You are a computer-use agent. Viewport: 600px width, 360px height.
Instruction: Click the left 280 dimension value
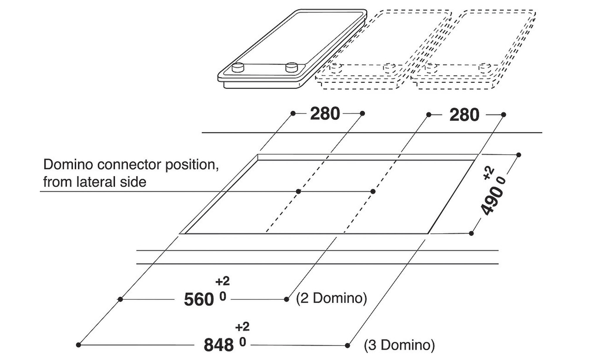point(325,114)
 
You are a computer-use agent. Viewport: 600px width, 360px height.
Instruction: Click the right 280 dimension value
point(464,115)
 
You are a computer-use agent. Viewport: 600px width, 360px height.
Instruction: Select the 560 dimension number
point(199,300)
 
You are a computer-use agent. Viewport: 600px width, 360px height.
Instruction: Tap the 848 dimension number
point(219,345)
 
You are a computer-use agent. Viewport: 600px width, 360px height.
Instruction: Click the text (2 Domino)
point(331,298)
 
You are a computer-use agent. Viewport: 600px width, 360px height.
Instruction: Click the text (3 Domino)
point(399,345)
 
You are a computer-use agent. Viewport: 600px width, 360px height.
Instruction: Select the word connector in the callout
point(129,165)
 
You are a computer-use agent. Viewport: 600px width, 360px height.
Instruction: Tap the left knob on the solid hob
point(238,68)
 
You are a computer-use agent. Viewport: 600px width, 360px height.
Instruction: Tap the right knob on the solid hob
point(292,67)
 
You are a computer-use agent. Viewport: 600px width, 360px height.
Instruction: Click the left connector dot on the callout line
point(298,191)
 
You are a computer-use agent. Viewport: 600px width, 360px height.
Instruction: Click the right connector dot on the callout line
point(373,191)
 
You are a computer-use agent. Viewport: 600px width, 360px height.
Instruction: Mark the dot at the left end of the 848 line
point(78,345)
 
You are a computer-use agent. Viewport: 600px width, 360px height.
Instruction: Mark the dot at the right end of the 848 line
point(347,346)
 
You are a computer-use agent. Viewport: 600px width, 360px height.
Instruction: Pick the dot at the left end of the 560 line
point(120,299)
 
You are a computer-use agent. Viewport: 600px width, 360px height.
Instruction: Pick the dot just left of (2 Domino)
point(287,299)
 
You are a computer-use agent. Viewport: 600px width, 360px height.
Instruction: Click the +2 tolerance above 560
point(222,281)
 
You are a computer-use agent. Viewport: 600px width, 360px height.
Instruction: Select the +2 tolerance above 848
point(242,327)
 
